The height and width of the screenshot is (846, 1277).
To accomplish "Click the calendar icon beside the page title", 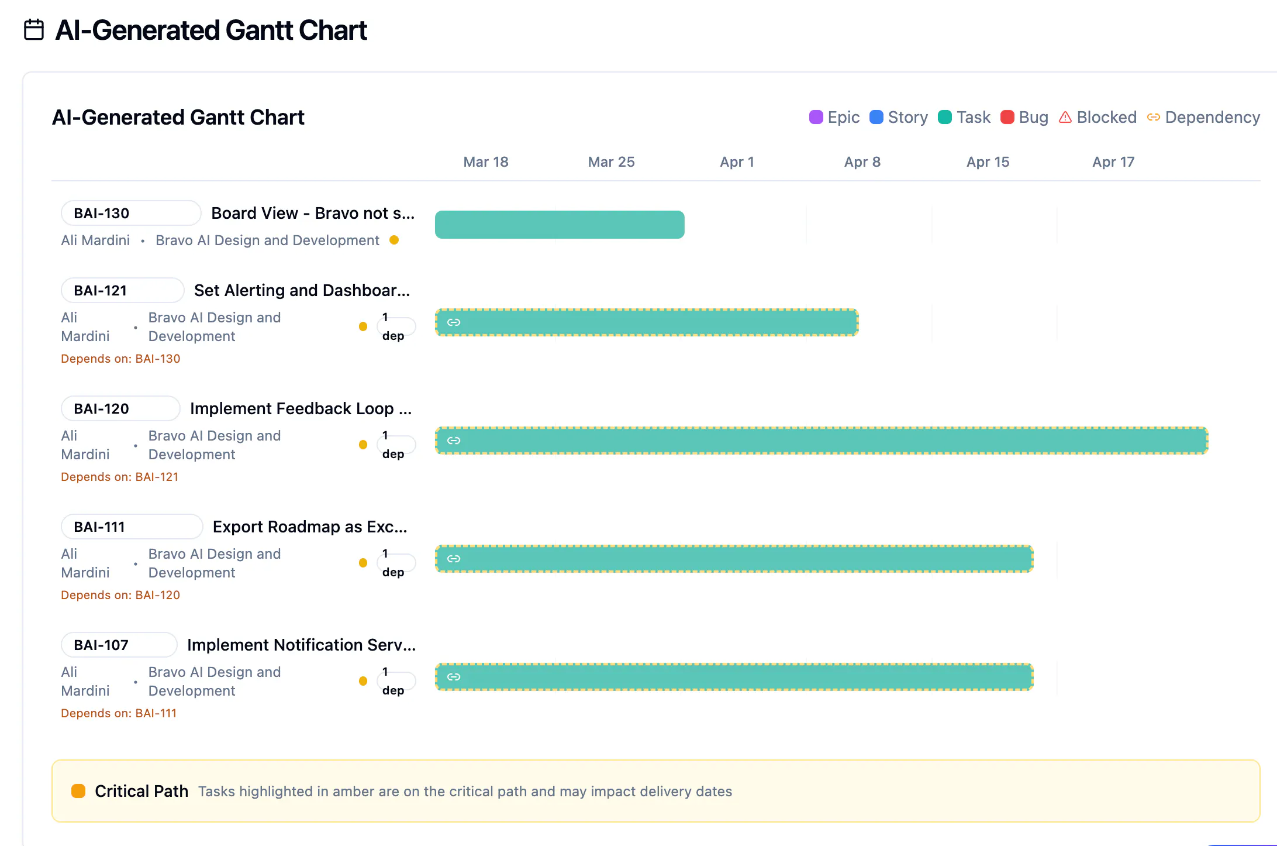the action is click(34, 30).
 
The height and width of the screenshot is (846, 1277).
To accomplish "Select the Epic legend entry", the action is click(834, 117).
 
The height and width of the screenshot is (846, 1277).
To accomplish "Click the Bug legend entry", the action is click(1024, 117).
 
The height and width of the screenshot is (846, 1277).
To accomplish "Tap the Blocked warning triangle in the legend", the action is click(1065, 117).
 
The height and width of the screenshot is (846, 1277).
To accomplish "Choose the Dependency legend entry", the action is click(1203, 117).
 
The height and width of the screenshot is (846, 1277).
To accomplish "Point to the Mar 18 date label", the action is click(486, 162).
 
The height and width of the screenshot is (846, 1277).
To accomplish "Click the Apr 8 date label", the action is click(862, 162).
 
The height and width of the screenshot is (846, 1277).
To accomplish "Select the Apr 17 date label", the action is click(1113, 162).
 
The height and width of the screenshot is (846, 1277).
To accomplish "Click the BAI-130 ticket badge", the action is click(131, 213).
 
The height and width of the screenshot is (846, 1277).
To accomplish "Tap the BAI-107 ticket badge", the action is click(119, 645).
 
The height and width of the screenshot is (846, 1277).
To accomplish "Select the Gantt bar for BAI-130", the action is click(560, 225).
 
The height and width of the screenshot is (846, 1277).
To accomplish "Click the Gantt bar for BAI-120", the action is click(822, 441).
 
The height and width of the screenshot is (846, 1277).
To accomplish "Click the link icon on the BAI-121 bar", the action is click(454, 322).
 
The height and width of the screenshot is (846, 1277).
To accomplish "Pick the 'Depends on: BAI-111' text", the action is click(119, 713).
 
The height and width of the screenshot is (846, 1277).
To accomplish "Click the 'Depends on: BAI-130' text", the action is click(120, 359).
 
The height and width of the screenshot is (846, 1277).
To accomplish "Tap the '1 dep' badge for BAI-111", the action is click(396, 563).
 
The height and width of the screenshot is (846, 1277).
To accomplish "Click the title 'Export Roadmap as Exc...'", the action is click(310, 527).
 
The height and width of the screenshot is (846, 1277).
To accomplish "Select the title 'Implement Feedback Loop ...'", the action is click(301, 408).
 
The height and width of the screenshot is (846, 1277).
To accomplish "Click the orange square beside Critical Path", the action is click(78, 791).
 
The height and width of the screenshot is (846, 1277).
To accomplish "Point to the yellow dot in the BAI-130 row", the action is click(394, 240).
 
